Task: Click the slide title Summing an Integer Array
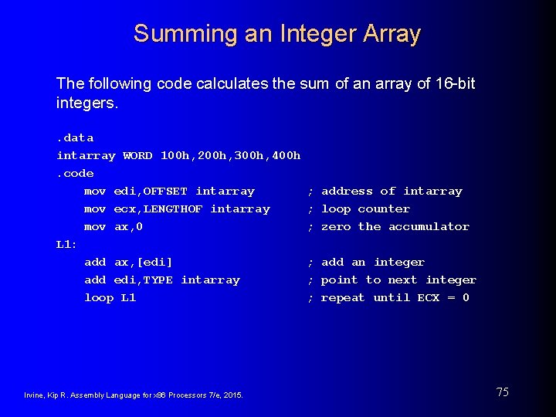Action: tap(276, 34)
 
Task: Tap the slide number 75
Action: tap(502, 392)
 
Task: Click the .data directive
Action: tap(75, 138)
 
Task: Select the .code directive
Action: tap(75, 174)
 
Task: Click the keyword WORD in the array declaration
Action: tap(137, 156)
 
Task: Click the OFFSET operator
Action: tap(164, 192)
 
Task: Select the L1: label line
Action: tap(66, 245)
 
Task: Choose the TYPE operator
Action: tap(158, 280)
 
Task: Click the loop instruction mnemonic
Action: tap(99, 298)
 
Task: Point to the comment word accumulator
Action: tap(429, 227)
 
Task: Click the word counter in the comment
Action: tap(384, 209)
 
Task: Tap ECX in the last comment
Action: tap(429, 298)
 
